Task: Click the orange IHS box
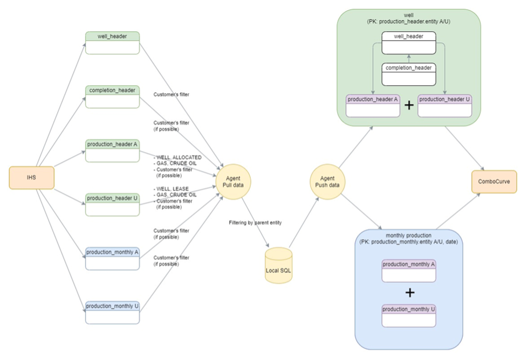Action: (32, 178)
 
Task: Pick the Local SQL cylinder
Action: (279, 266)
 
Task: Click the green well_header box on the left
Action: (112, 43)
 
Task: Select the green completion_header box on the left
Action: (112, 96)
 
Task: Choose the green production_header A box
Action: (112, 150)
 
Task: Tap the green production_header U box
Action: (112, 203)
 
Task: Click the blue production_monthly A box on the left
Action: (112, 258)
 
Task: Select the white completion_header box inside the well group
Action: (408, 74)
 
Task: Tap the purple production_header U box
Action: (444, 106)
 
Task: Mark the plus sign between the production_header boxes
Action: (409, 106)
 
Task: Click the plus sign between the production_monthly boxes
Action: (410, 293)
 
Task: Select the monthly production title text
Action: (409, 236)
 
